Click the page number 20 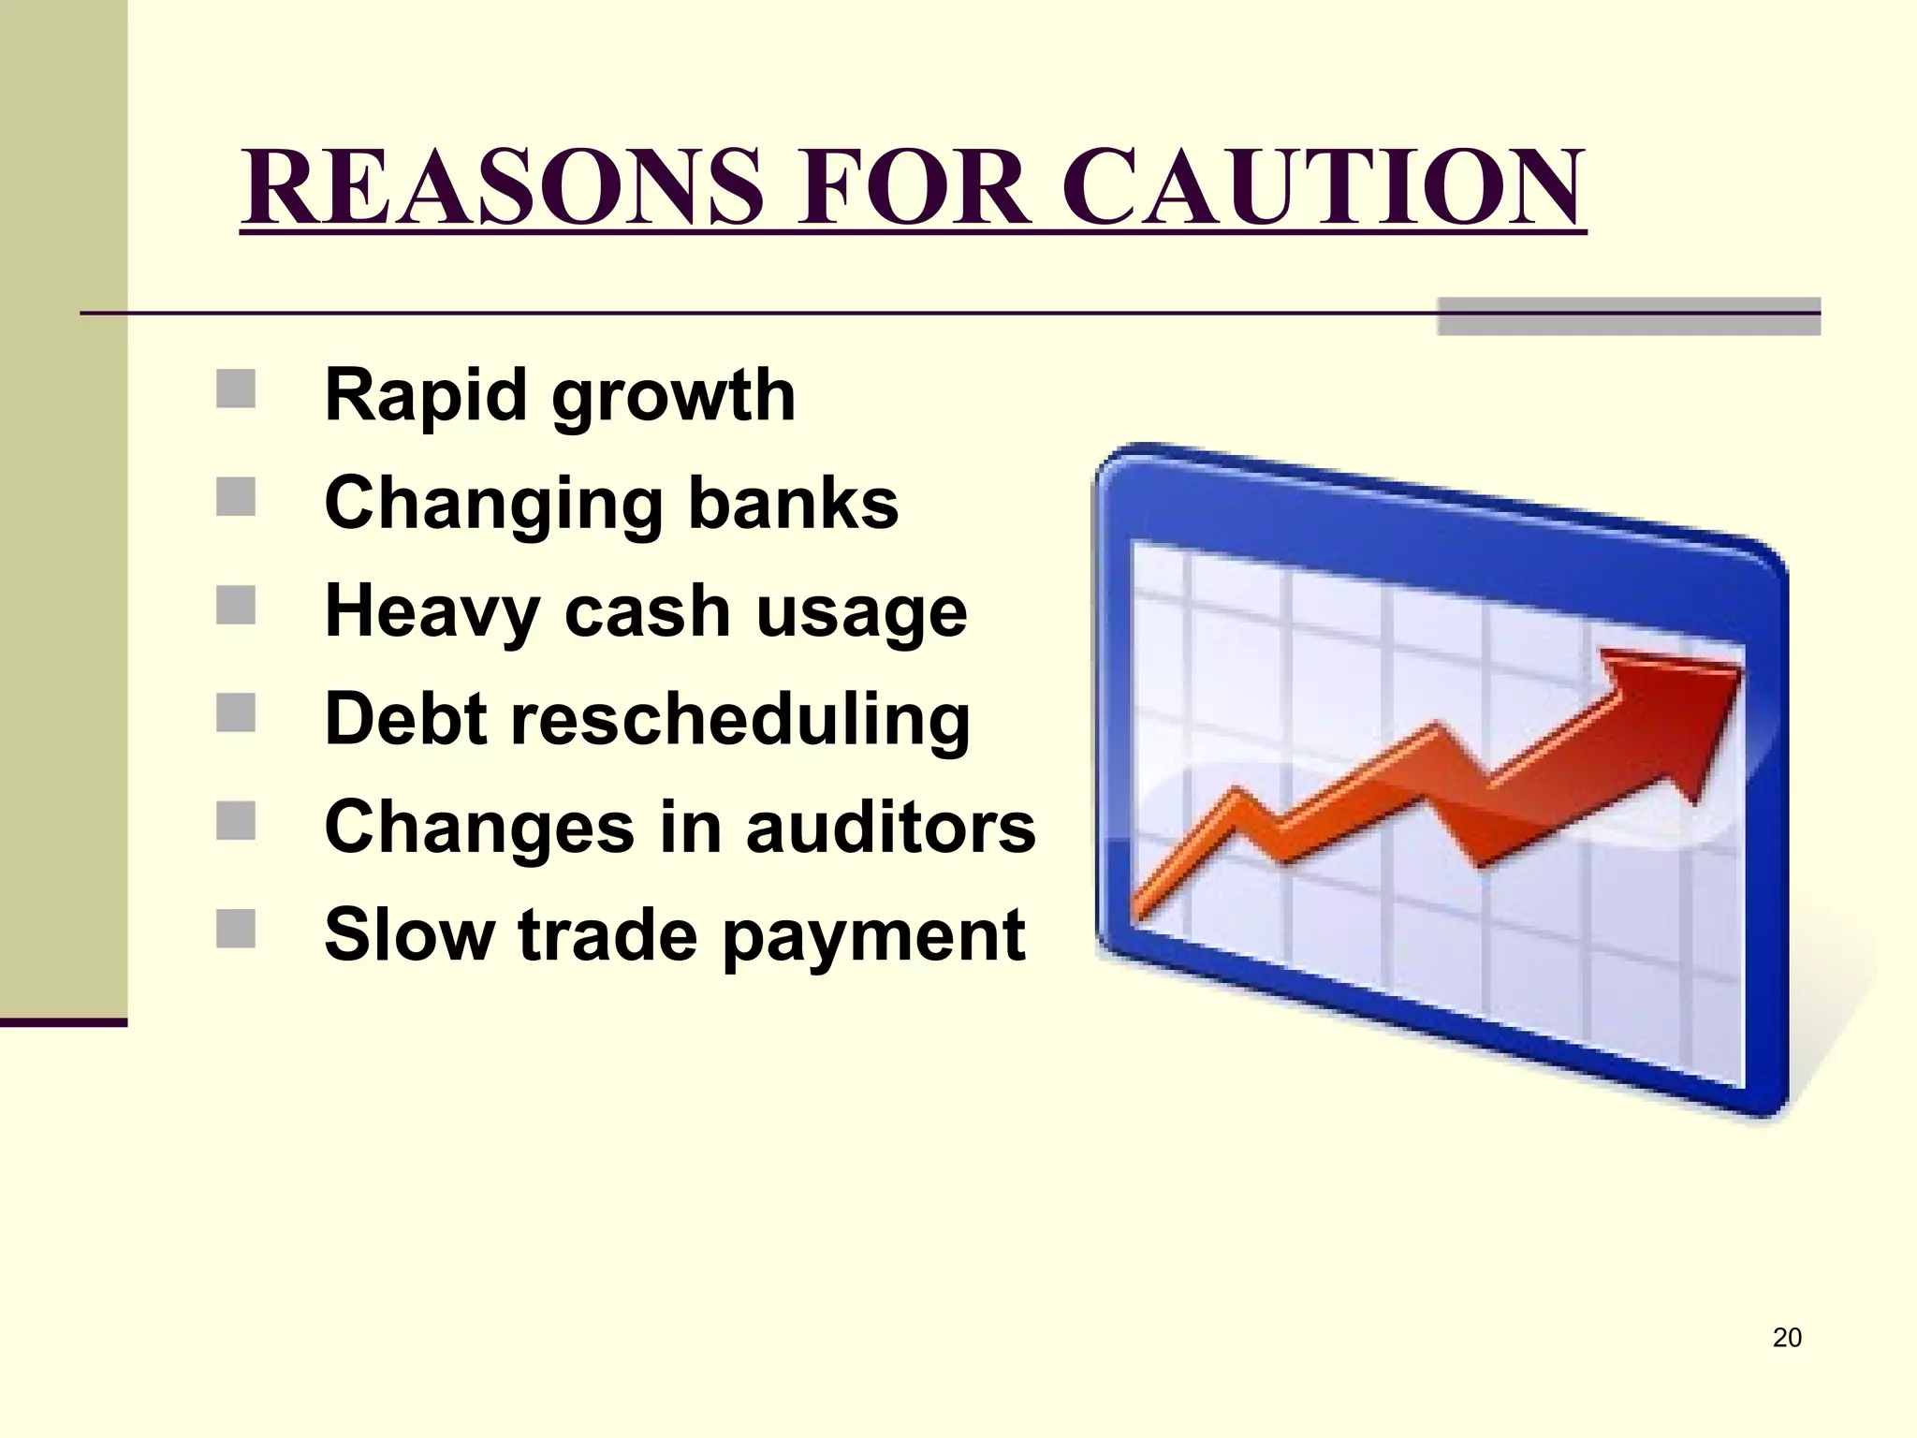tap(1786, 1338)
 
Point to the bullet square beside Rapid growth tap(236, 389)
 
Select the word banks tap(794, 504)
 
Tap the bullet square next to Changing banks tap(236, 497)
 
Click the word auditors tap(891, 828)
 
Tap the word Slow tap(409, 935)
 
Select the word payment tap(873, 938)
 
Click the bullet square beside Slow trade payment tap(236, 930)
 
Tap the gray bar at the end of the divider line tap(1628, 316)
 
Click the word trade tap(607, 935)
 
